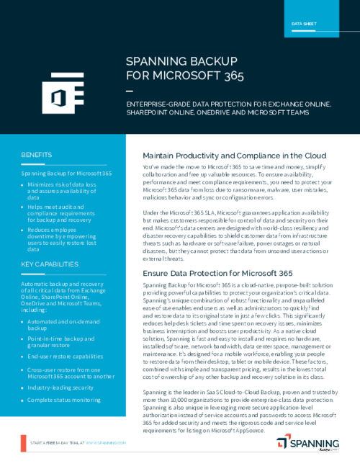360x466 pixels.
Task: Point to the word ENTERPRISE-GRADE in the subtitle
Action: tap(157, 104)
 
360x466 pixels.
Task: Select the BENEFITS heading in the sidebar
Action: tap(36, 155)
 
